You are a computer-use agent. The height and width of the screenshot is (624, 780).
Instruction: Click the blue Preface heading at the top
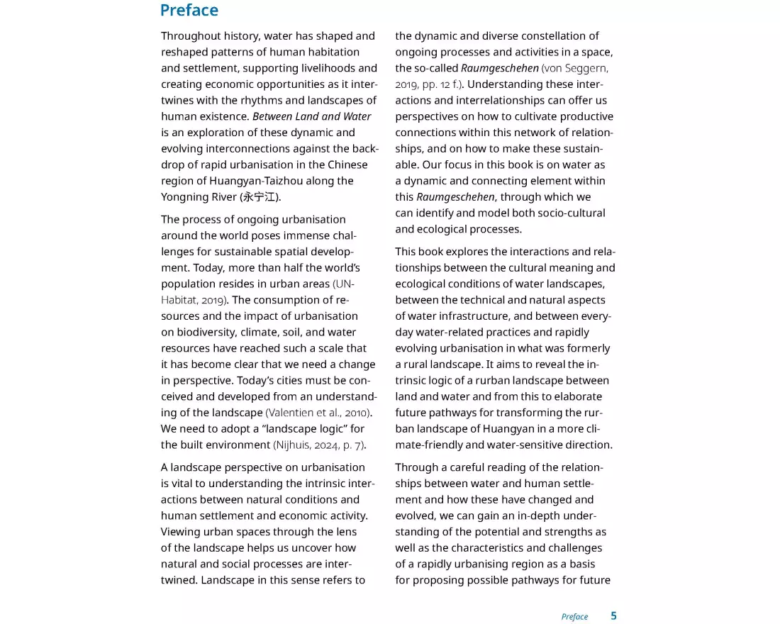coord(189,11)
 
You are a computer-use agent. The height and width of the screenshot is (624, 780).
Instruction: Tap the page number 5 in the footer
coord(613,615)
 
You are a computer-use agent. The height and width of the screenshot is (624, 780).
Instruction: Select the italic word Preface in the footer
coord(574,616)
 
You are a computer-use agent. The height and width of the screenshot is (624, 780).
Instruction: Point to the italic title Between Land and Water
coord(311,116)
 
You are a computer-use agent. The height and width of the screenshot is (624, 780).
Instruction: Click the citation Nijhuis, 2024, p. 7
coord(319,445)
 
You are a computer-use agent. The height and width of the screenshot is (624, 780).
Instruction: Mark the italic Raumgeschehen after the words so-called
coord(500,68)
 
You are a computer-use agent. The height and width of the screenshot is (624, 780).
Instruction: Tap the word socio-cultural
coord(570,213)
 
